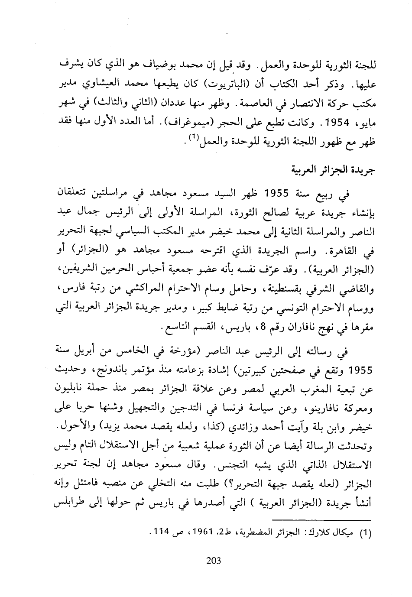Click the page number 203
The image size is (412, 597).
tap(214, 561)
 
